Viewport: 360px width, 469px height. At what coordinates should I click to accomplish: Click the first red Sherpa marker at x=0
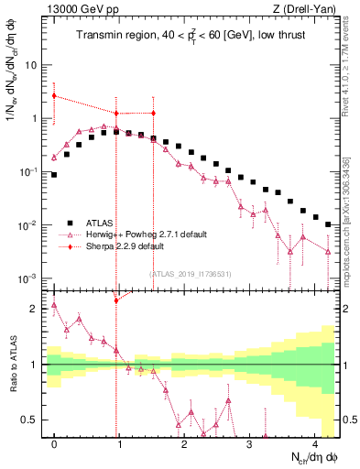click(54, 95)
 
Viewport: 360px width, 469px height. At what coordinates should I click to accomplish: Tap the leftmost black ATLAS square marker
click(54, 174)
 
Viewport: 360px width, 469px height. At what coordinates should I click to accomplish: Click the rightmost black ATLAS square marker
click(328, 224)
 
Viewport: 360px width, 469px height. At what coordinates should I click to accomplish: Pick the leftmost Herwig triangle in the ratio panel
click(54, 306)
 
